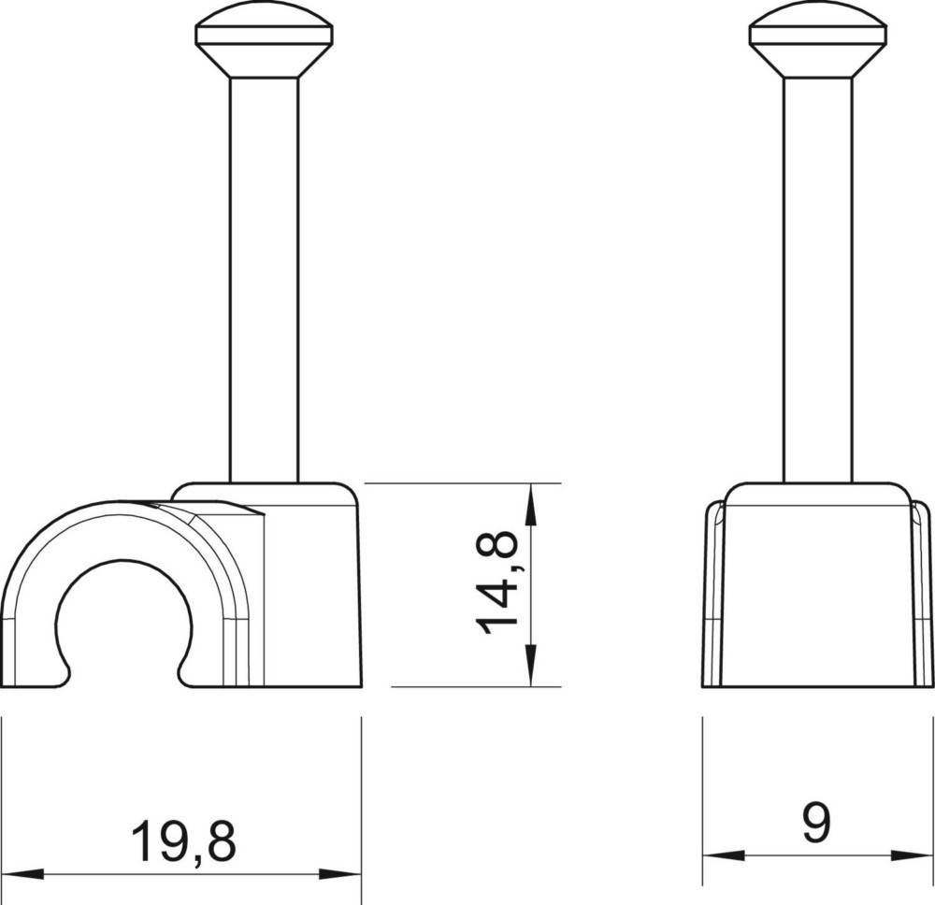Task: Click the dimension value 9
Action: pos(816,822)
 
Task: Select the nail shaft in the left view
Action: pos(264,280)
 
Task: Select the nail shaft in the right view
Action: pos(817,280)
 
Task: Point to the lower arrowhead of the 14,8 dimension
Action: pos(531,668)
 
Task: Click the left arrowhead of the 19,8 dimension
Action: pos(22,874)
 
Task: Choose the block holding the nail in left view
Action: pos(309,589)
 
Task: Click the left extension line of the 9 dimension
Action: pos(702,795)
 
